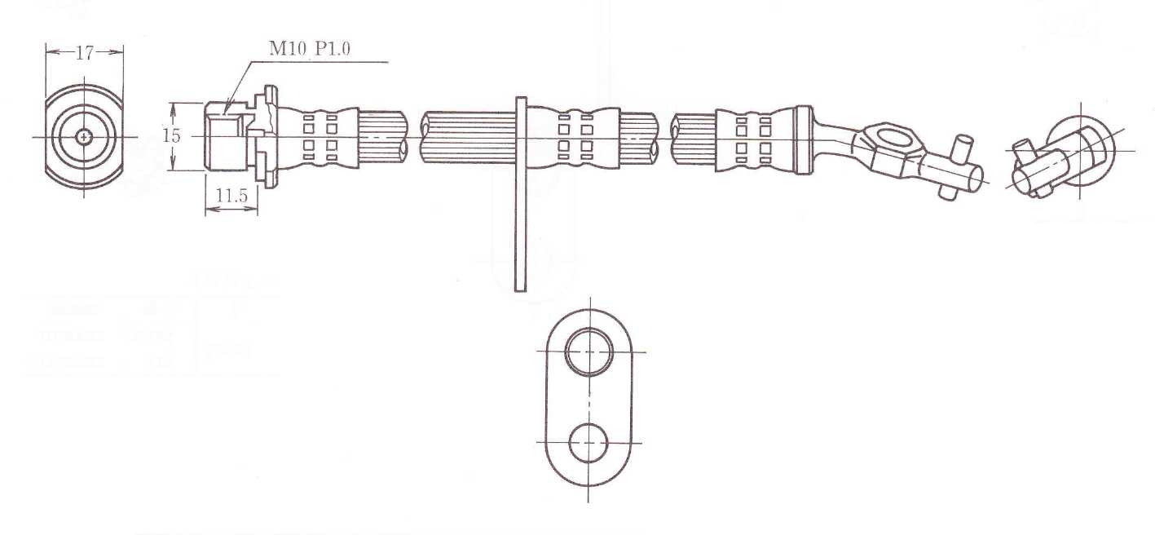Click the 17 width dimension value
[84, 53]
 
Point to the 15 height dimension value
[171, 136]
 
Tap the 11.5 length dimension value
[231, 197]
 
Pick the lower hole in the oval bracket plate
[589, 444]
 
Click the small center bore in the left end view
[84, 137]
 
